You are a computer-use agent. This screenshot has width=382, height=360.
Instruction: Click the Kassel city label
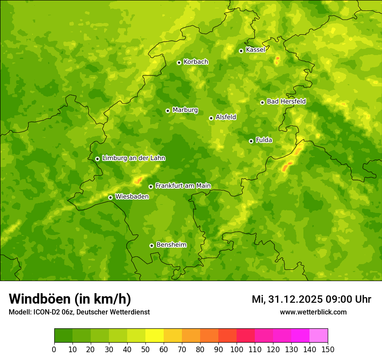pos(255,50)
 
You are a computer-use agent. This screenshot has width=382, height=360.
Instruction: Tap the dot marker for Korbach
pos(179,62)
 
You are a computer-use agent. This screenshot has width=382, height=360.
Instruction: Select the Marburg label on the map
pos(185,110)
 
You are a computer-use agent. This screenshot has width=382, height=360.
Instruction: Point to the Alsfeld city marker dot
pos(211,118)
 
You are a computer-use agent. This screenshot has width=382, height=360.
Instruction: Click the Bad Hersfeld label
pos(286,101)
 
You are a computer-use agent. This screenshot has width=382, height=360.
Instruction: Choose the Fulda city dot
pos(251,141)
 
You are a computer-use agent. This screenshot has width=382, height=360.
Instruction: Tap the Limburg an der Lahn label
pos(133,158)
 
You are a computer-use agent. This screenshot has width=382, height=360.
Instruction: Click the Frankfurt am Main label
pos(183,186)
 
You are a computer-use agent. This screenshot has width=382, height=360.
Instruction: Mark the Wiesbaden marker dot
pos(110,197)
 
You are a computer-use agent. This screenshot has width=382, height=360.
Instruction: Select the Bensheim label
pos(171,245)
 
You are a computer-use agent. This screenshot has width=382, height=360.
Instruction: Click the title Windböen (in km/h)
pos(70,299)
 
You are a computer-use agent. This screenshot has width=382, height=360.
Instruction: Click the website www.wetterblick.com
pos(313,312)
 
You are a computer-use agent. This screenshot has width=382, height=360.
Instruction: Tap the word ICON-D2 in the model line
pos(47,312)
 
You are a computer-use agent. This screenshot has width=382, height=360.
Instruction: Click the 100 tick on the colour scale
pos(237,349)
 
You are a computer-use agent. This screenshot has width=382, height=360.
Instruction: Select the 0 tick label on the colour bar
pos(54,349)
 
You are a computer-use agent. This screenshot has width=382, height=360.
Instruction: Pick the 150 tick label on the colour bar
pos(328,349)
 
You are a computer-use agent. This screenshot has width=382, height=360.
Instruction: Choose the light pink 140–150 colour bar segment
pos(319,336)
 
